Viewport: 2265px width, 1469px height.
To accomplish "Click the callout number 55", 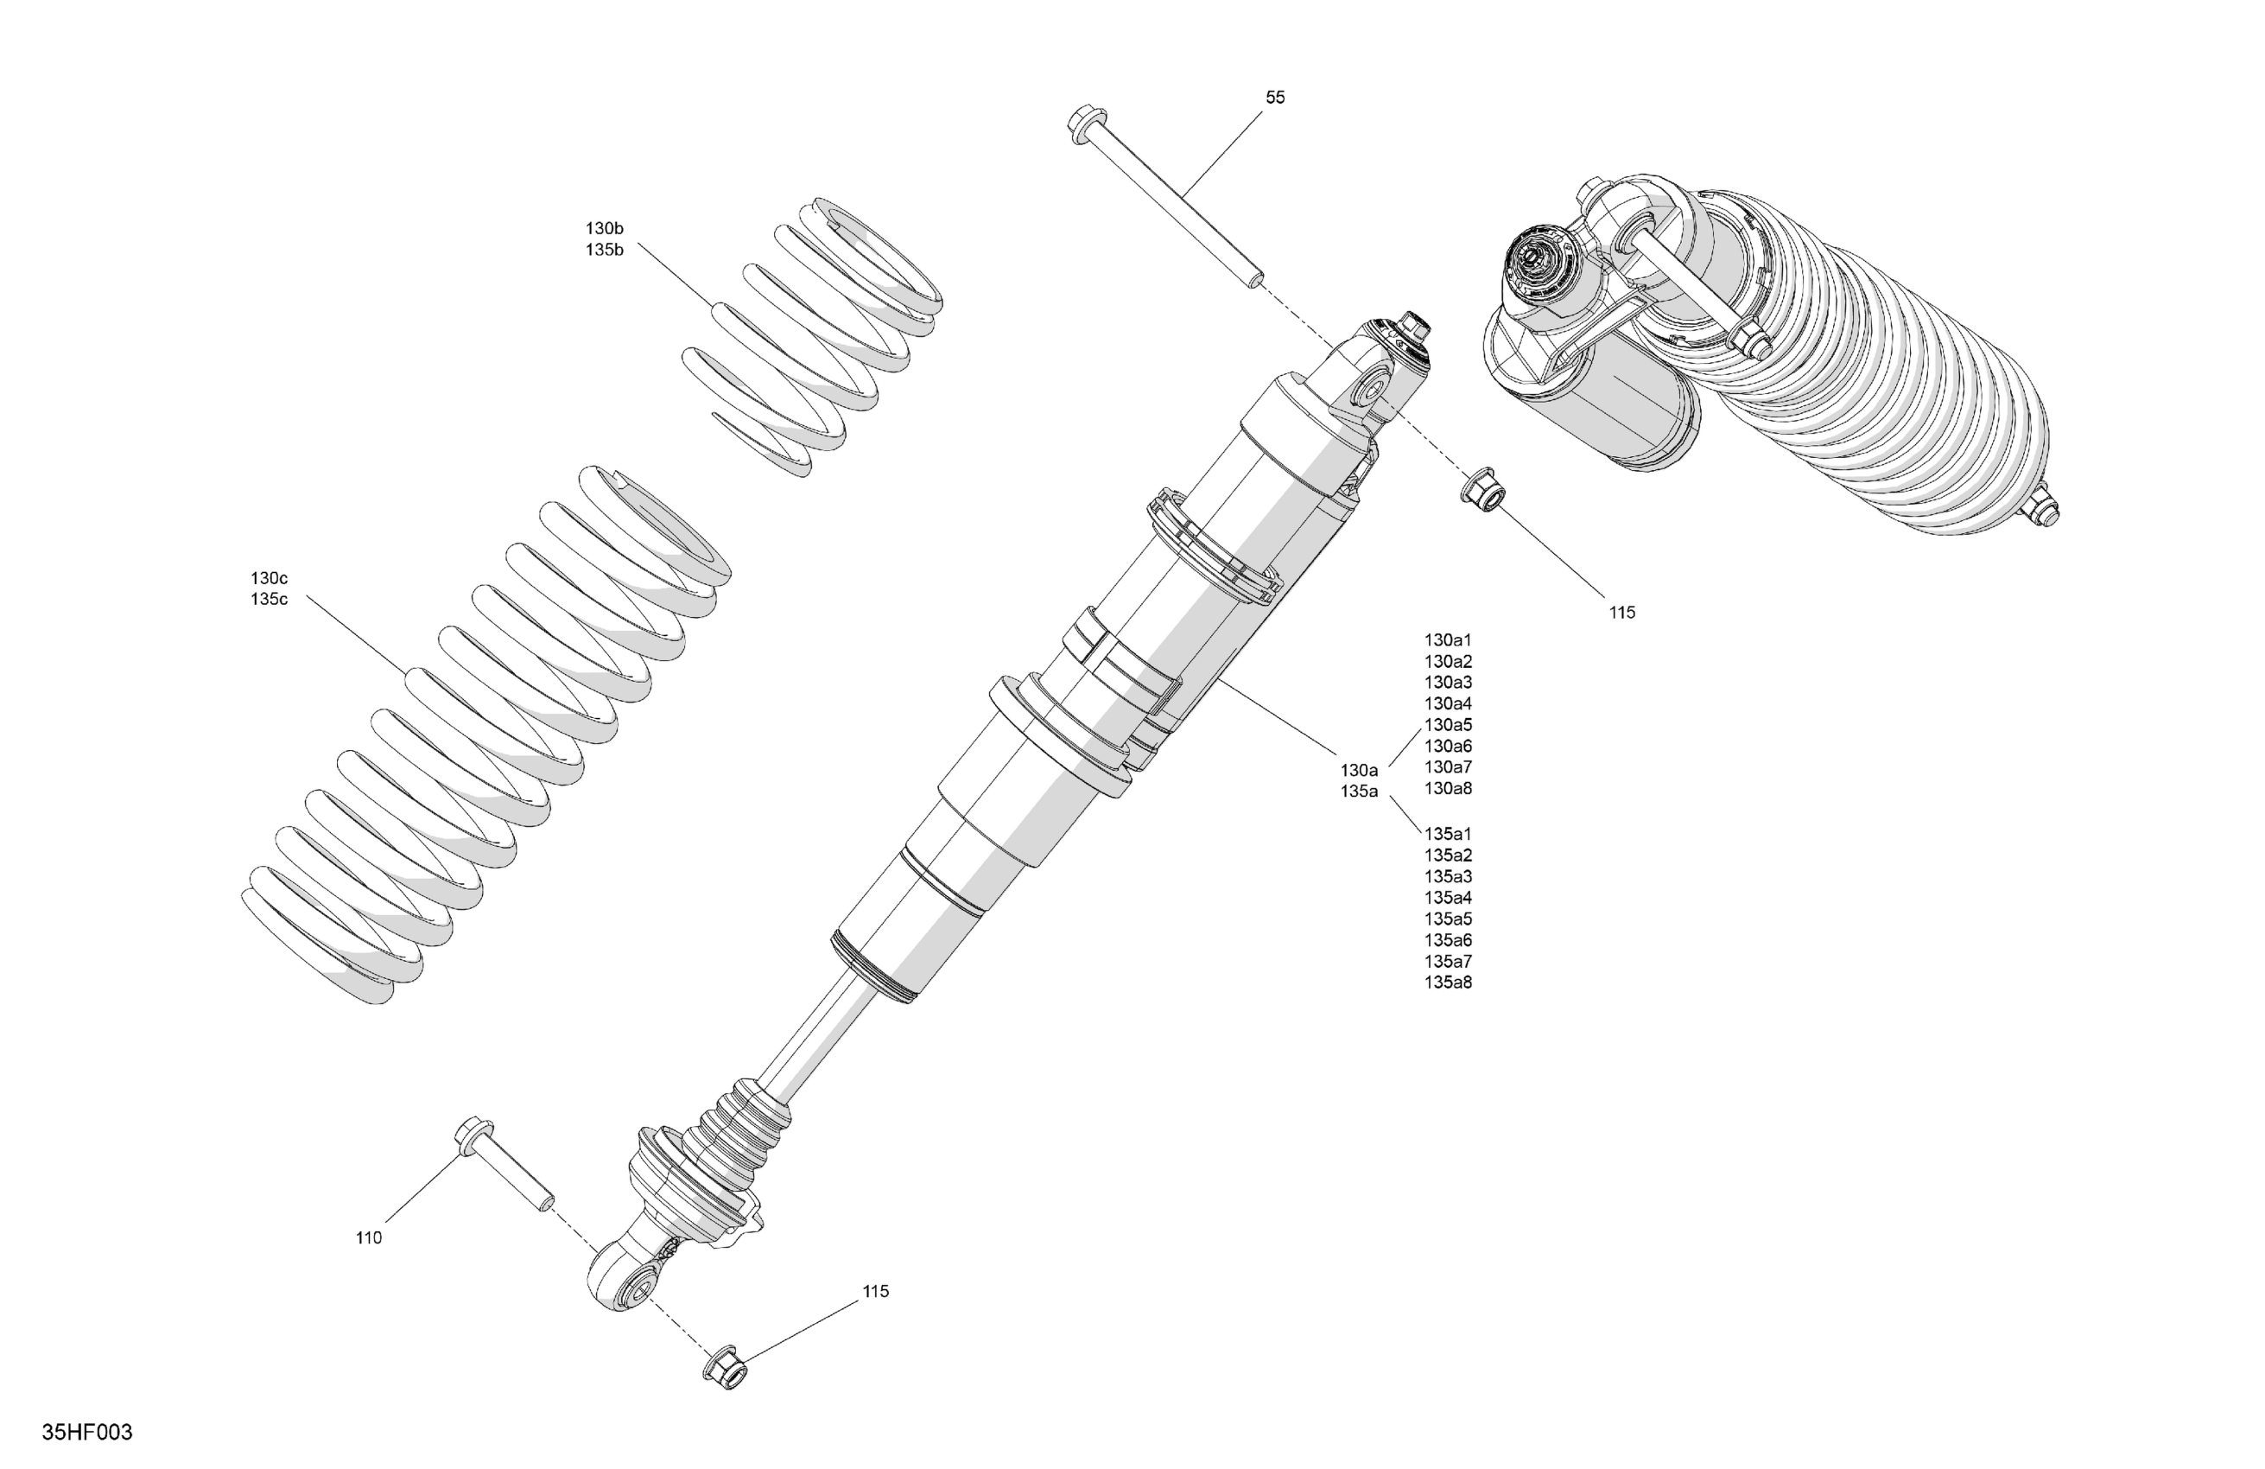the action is pyautogui.click(x=1274, y=97).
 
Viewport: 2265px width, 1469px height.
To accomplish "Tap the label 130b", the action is pyautogui.click(x=605, y=228).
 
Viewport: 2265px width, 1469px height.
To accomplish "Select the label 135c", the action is pyautogui.click(x=270, y=600).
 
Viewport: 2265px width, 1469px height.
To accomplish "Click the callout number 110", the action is pyautogui.click(x=368, y=1237).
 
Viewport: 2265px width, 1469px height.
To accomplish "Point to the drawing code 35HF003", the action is pyautogui.click(x=86, y=1433).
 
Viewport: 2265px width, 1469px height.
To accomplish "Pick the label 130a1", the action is pyautogui.click(x=1448, y=640).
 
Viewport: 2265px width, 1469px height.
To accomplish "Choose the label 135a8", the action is pyautogui.click(x=1448, y=983).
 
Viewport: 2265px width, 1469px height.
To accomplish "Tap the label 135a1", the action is pyautogui.click(x=1448, y=835).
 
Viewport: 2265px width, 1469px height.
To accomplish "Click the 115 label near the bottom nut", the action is pyautogui.click(x=876, y=1291).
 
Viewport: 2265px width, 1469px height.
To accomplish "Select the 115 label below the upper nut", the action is pyautogui.click(x=1621, y=614).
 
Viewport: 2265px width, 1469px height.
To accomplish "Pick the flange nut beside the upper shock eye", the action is pyautogui.click(x=1481, y=486).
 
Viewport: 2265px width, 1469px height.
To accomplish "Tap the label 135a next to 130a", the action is pyautogui.click(x=1359, y=792).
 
